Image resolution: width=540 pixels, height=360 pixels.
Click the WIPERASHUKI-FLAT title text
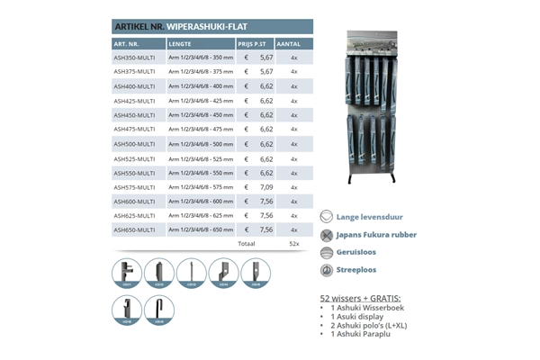(x=208, y=26)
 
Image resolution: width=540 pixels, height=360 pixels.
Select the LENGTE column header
(x=180, y=43)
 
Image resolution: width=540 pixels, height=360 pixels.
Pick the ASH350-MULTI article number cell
(x=134, y=57)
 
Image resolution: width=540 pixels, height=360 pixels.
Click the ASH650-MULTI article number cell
(x=134, y=229)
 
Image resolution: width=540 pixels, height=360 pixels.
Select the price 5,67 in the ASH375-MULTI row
(x=265, y=71)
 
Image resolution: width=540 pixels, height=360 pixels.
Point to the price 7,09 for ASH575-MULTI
(x=265, y=186)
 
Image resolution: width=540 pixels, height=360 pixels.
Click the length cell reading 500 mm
(x=200, y=143)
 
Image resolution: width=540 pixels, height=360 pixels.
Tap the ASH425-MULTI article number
(x=134, y=100)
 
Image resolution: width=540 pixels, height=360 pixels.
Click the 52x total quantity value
(x=294, y=243)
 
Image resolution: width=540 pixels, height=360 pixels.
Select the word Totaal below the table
(x=246, y=243)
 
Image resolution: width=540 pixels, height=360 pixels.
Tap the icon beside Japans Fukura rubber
(x=327, y=234)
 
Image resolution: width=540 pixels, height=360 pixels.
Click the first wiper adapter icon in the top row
(x=127, y=273)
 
